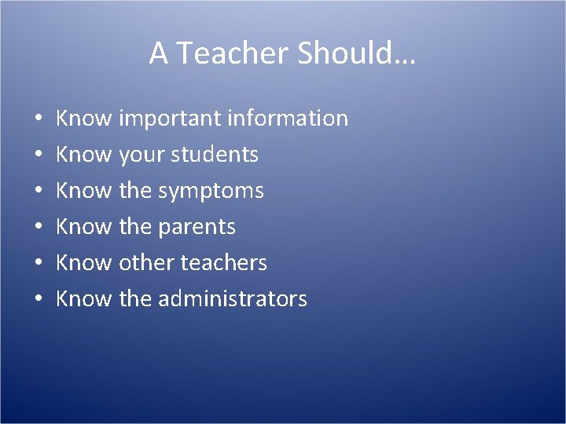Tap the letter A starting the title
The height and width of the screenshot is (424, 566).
click(158, 53)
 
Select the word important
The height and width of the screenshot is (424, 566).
click(169, 119)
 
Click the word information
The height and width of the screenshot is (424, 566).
click(287, 119)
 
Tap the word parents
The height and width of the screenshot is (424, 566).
click(197, 228)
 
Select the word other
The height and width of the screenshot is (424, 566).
click(146, 263)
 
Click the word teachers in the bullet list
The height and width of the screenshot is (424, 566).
click(224, 263)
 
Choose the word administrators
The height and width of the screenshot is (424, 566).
click(233, 299)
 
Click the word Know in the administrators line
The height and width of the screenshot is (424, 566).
click(85, 299)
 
